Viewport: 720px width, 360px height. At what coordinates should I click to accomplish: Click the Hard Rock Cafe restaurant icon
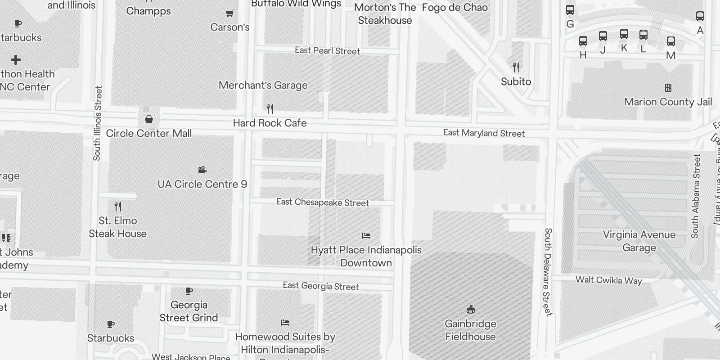(x=270, y=108)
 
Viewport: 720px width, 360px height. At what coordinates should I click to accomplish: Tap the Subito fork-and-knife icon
(x=516, y=67)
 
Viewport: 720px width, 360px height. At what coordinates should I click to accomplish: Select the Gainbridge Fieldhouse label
(x=470, y=330)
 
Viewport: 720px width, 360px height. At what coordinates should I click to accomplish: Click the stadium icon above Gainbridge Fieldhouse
(x=470, y=309)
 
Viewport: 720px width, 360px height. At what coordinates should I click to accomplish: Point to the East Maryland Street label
(x=484, y=133)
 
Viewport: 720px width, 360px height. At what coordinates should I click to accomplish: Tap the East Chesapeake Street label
(x=322, y=202)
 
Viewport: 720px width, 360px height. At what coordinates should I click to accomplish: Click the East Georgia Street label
(x=320, y=286)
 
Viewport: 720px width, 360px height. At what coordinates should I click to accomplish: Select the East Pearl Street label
(x=327, y=51)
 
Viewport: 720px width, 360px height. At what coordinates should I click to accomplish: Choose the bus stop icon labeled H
(x=583, y=41)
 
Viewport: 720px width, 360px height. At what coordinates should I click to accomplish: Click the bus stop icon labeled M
(x=670, y=41)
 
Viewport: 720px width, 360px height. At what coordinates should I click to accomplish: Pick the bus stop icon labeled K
(x=624, y=34)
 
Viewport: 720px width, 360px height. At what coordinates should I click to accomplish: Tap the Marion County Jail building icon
(x=668, y=88)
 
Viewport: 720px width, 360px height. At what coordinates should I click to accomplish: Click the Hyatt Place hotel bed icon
(x=366, y=235)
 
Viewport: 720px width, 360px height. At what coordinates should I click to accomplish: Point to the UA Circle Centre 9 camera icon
(x=202, y=170)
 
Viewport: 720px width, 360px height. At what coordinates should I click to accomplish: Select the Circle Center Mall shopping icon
(x=149, y=119)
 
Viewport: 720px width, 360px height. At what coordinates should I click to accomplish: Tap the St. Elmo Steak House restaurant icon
(x=118, y=207)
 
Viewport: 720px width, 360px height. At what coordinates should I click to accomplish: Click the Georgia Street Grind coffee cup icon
(x=189, y=291)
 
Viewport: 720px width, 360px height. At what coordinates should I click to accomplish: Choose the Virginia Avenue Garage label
(x=639, y=241)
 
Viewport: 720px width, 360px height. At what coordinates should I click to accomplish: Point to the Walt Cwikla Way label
(x=608, y=280)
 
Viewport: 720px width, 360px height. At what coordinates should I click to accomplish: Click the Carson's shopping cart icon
(x=229, y=13)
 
